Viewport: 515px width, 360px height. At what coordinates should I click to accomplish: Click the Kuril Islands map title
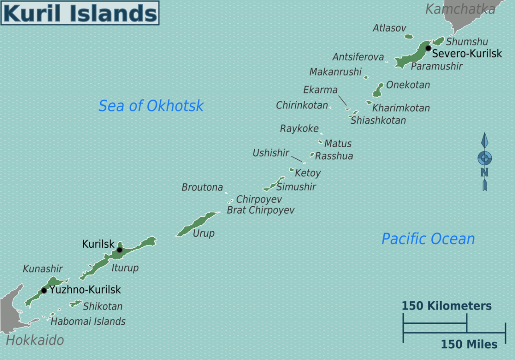pos(80,13)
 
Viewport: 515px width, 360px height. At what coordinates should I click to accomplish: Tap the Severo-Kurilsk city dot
pos(428,48)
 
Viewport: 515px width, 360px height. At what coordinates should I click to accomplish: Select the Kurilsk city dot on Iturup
pos(120,250)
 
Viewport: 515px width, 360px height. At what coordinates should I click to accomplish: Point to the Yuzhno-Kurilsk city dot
pos(44,290)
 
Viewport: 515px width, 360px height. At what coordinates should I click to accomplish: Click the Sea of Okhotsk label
pos(151,106)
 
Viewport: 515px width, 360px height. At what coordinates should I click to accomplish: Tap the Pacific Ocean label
pos(428,239)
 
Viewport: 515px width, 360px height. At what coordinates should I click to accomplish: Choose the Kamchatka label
pos(460,9)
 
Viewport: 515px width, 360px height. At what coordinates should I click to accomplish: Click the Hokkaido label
pos(35,340)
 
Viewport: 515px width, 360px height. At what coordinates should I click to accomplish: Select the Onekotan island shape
pos(378,90)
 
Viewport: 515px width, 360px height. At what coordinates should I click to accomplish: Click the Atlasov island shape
pos(408,37)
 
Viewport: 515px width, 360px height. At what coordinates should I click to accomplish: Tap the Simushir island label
pos(296,187)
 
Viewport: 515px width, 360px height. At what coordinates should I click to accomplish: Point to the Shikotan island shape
pos(76,304)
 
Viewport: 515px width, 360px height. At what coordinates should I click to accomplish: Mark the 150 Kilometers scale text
pos(446,306)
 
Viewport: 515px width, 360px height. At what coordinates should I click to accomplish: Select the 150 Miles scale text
pos(469,344)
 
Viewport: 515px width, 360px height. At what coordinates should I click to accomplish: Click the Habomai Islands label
pos(88,322)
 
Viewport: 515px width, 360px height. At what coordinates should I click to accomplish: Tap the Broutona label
pos(202,187)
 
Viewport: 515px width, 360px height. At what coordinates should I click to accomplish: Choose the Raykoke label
pos(299,129)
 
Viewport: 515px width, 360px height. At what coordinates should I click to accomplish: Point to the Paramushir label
pos(436,66)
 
